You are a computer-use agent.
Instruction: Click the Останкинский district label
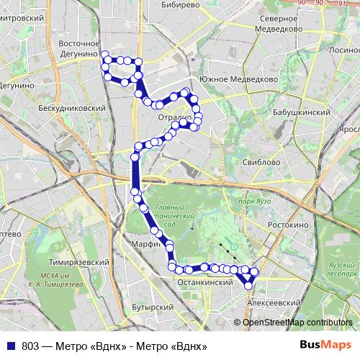point(205,284)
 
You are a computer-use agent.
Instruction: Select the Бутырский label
point(154,307)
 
